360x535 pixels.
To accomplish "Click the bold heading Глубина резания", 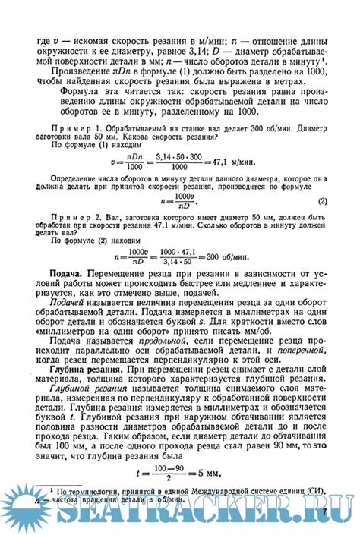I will coord(80,370).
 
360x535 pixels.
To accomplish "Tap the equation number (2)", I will coord(322,201).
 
